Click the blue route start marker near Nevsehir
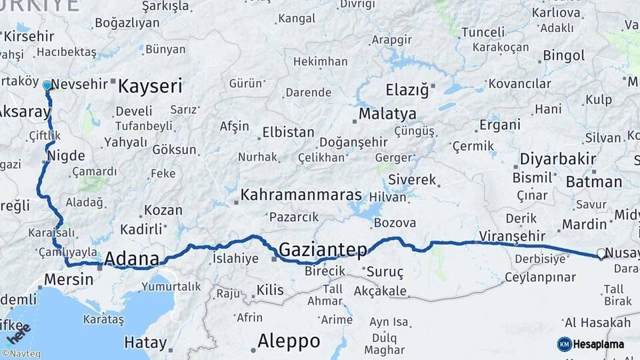(47, 85)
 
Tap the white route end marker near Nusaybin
(601, 253)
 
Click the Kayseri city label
(150, 86)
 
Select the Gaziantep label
(323, 250)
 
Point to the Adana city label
(132, 259)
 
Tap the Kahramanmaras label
(301, 195)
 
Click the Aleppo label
(289, 341)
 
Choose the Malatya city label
(387, 114)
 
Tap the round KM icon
(564, 344)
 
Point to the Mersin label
(69, 279)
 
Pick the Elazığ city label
(407, 90)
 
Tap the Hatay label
(145, 343)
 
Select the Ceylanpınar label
(540, 277)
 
